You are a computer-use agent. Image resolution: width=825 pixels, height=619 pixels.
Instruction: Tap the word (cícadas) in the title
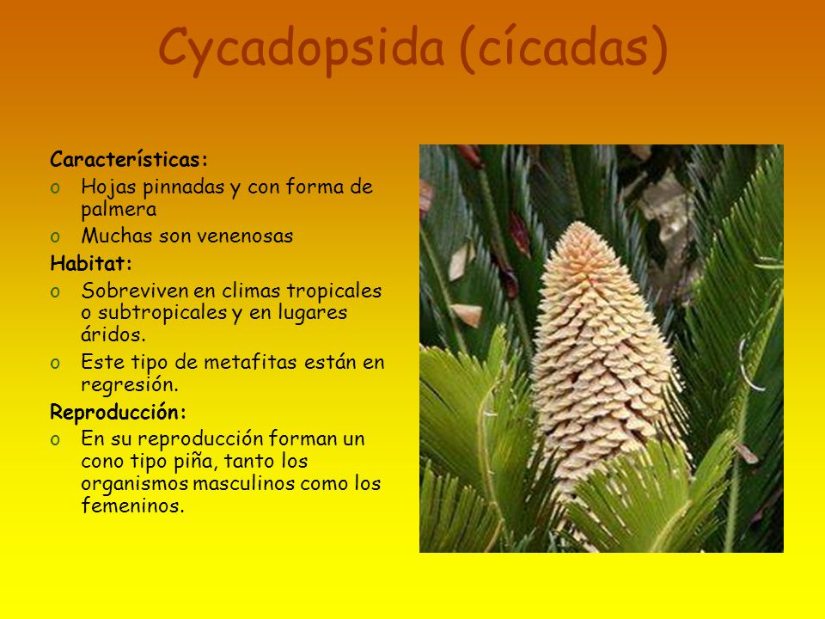564,48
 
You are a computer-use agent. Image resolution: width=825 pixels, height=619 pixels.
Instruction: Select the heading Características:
129,159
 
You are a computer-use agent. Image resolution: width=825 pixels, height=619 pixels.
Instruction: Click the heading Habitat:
91,263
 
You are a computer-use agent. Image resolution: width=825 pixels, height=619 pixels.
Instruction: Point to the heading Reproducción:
119,412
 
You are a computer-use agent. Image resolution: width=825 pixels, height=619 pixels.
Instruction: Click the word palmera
119,210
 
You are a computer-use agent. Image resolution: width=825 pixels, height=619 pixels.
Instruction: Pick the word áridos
113,334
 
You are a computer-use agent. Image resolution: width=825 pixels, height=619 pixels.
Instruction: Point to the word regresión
130,385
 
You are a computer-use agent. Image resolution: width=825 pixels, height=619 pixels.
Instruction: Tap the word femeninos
133,506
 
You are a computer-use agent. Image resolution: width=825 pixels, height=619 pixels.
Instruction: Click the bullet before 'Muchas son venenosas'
55,237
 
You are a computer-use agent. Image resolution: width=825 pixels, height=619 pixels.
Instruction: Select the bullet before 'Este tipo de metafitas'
55,363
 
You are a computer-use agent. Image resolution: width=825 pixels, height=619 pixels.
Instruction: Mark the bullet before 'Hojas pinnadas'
55,188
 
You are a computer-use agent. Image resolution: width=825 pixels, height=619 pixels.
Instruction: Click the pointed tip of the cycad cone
578,223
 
